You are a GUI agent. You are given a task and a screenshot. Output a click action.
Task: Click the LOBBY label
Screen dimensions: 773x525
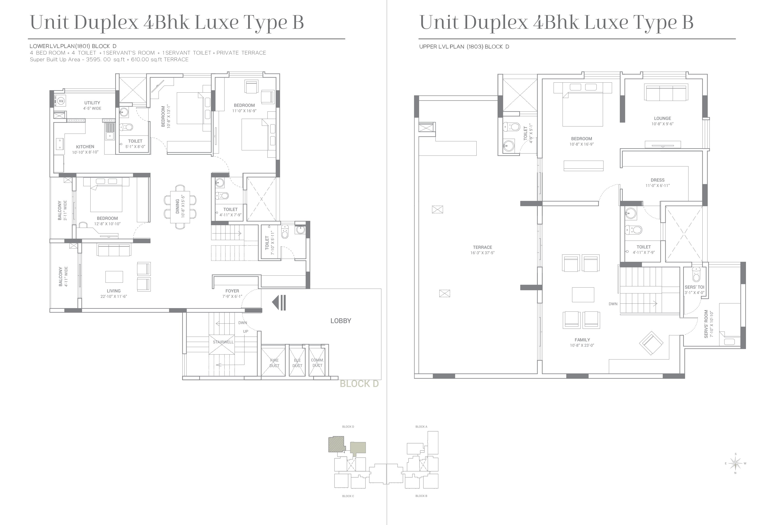[x=341, y=321]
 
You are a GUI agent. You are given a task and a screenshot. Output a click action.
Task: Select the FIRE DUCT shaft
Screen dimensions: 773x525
[x=273, y=362]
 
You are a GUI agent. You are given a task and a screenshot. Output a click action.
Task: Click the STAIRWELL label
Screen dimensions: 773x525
[x=223, y=342]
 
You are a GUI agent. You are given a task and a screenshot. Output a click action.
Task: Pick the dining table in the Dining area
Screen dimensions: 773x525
[x=180, y=207]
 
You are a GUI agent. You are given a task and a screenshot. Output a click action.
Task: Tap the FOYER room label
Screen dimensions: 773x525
[x=232, y=291]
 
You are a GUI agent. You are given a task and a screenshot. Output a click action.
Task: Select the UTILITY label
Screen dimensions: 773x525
[x=92, y=103]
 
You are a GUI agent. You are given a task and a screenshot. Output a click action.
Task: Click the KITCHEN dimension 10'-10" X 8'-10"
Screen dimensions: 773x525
[x=85, y=152]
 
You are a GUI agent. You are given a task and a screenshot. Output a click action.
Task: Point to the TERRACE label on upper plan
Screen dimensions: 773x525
[x=482, y=247]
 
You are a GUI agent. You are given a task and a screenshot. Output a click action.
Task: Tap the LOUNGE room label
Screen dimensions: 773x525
[x=662, y=118]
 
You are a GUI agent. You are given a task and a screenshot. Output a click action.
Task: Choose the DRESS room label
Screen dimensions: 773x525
[x=658, y=180]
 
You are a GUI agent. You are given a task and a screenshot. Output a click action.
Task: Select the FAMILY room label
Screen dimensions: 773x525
[x=582, y=340]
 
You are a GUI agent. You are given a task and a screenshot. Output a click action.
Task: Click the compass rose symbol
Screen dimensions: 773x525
[x=735, y=463]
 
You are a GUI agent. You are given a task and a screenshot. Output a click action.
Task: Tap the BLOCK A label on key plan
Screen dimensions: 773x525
[x=421, y=427]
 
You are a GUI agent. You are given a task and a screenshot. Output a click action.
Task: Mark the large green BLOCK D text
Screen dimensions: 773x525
[x=359, y=384]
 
